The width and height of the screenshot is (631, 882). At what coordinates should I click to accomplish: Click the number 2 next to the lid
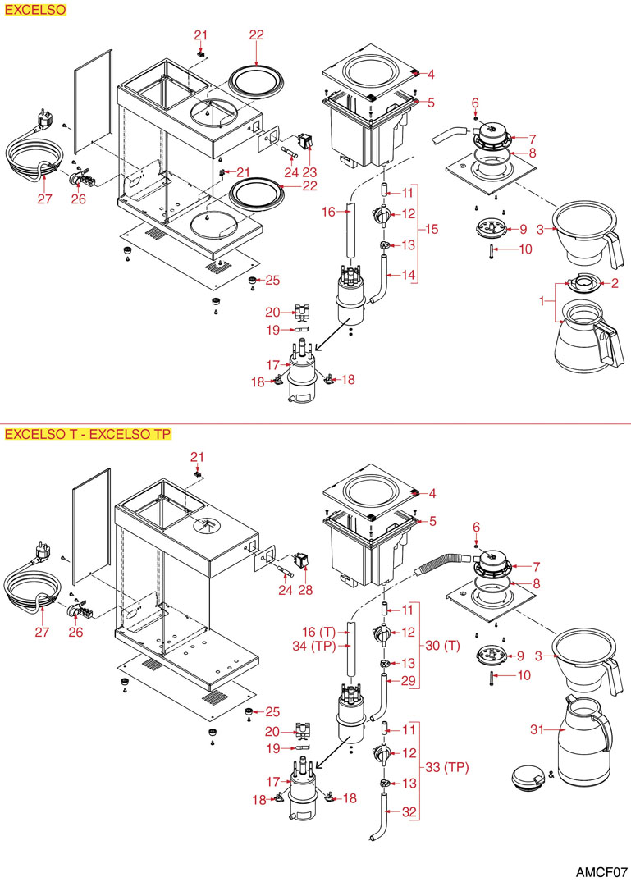coord(615,283)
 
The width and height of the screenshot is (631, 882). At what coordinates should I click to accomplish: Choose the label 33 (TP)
coord(447,768)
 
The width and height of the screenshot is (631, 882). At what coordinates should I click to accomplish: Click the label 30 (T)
coord(441,647)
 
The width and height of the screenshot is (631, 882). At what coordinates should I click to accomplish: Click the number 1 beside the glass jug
coord(541,302)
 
